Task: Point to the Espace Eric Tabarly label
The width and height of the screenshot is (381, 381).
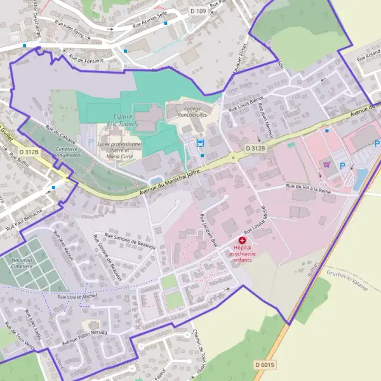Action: (133, 121)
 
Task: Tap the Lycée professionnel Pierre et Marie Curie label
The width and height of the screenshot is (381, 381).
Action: (120, 150)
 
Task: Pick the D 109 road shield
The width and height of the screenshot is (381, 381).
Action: (198, 11)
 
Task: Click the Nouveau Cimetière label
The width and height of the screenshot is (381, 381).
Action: (22, 263)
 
